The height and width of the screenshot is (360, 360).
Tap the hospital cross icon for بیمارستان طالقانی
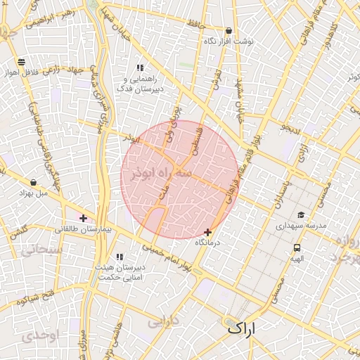point(84,218)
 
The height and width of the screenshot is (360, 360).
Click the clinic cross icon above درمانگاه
point(207,232)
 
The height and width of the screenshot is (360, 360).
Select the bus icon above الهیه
point(297,247)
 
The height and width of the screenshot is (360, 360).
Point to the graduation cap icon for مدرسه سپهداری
point(301,215)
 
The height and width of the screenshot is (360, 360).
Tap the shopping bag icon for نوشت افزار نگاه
point(229,31)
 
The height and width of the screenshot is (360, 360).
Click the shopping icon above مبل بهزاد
point(33,183)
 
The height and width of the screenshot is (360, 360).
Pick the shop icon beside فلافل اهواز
point(22,62)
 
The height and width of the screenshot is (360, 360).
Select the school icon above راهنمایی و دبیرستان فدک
point(140,68)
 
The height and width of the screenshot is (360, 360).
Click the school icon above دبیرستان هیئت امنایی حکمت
point(120,257)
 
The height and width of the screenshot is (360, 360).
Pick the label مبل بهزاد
point(33,193)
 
